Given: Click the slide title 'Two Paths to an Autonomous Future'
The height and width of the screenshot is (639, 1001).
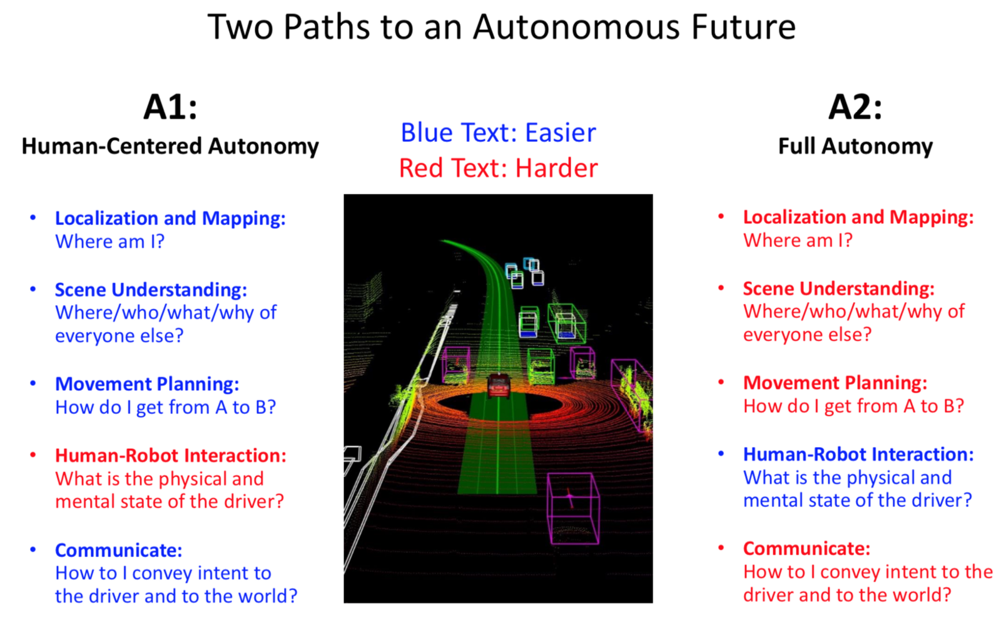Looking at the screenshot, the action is pos(501,27).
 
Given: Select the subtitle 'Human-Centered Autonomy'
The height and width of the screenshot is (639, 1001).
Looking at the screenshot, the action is pos(170,146).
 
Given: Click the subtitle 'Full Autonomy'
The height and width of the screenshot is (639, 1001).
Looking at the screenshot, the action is pos(855,146).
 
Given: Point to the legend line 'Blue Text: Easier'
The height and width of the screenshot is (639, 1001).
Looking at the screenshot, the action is pos(498,133).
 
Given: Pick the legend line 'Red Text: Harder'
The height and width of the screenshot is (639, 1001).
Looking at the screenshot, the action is pos(498,168).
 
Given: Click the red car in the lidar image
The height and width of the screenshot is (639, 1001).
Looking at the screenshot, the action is pos(499,385).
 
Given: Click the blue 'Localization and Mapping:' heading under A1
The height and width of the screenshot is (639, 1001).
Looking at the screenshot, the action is pos(170,218).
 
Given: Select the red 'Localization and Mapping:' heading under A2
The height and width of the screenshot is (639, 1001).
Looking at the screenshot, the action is pos(858,218).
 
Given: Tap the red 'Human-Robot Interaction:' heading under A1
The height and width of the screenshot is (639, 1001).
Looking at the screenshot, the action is pos(171,455).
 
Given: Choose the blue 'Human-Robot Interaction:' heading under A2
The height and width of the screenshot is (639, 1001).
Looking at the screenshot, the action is pos(858,455).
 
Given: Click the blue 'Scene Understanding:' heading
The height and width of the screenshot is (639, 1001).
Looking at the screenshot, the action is pos(151,290).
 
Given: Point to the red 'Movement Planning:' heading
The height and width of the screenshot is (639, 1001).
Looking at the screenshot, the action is pos(835,383).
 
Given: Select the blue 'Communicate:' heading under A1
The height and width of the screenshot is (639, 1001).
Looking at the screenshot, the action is pos(118,551).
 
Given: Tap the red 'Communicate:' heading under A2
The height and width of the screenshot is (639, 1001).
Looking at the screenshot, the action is pos(806,549).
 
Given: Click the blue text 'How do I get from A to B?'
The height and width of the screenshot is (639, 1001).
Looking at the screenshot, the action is pos(165,407).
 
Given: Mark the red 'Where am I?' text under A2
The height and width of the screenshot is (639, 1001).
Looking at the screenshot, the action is pos(798,241).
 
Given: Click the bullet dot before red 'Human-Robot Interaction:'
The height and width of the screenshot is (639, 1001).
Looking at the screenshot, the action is pos(33,455).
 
